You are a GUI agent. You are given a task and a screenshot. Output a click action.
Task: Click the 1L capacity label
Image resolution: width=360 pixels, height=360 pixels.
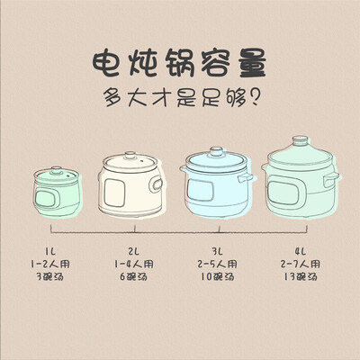(50, 251)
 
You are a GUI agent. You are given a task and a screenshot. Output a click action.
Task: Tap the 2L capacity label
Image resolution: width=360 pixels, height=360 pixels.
(134, 251)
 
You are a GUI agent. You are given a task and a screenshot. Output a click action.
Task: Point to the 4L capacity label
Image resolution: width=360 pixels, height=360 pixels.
(301, 251)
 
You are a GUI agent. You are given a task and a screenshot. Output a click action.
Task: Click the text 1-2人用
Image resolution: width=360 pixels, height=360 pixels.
(50, 264)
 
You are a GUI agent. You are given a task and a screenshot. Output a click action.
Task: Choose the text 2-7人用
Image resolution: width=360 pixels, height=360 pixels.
(301, 264)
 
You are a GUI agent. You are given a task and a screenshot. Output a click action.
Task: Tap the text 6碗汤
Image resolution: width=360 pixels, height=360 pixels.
(134, 276)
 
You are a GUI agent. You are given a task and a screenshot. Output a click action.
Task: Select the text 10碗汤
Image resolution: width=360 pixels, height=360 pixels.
(217, 276)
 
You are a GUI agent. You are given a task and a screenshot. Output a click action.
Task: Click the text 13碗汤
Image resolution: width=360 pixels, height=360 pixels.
(301, 276)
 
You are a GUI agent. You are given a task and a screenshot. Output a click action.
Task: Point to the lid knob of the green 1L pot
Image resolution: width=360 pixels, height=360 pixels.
(56, 170)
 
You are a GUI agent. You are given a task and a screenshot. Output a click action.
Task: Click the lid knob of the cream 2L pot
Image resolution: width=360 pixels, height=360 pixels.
(130, 156)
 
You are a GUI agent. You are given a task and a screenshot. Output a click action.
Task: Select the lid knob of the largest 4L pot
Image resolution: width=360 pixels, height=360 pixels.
(300, 141)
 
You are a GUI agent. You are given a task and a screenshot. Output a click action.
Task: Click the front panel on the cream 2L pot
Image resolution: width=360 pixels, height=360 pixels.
(114, 193)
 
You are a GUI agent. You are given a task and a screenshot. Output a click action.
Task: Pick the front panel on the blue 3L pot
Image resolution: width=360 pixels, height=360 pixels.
(201, 191)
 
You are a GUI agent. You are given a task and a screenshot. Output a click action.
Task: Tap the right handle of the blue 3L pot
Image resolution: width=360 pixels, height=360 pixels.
(246, 178)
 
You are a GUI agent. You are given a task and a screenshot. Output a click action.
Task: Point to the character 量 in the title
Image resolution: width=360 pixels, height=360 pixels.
(252, 64)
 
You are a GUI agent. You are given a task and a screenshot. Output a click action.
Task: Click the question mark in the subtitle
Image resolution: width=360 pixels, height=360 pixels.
(254, 97)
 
